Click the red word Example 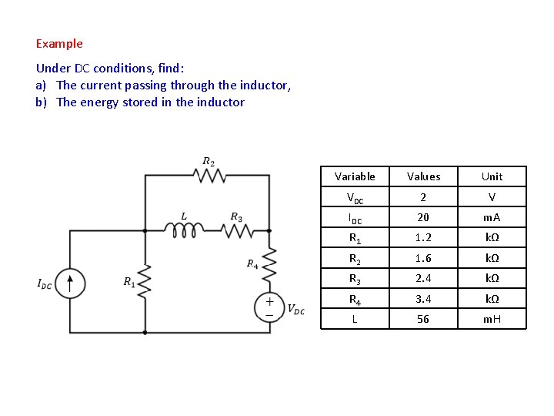[x=59, y=44]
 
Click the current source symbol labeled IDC [x=70, y=283]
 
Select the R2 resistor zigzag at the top [x=209, y=176]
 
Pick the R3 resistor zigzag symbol [x=236, y=229]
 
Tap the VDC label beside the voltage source [x=295, y=310]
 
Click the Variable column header [x=355, y=176]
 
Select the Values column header [x=423, y=176]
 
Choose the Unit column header [x=492, y=176]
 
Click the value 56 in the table [x=423, y=318]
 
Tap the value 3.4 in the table [x=423, y=298]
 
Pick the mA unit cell [x=492, y=217]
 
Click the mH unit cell [x=492, y=318]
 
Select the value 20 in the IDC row [x=423, y=217]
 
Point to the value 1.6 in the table [x=423, y=258]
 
